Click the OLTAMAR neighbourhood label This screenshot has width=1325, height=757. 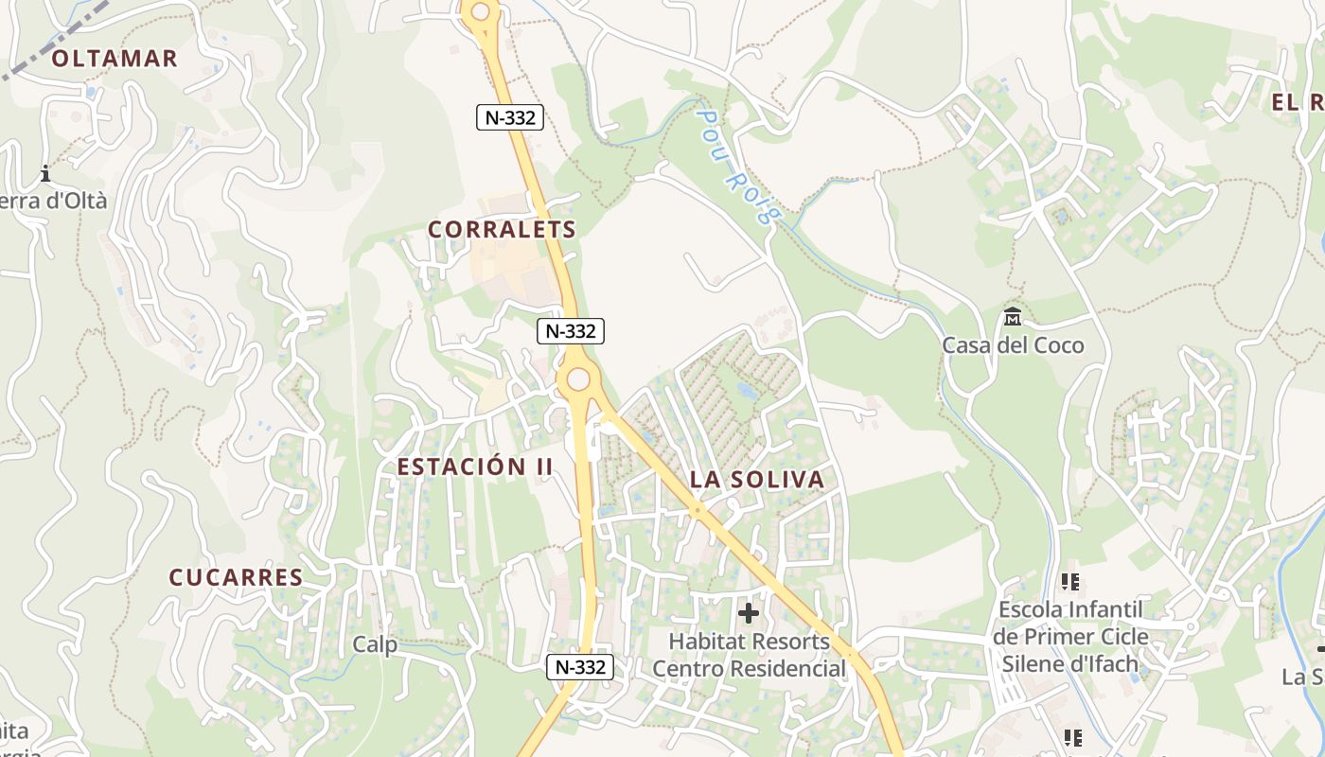115,59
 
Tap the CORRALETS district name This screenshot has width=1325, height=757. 502,230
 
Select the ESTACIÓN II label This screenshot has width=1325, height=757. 474,467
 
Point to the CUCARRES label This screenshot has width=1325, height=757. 236,577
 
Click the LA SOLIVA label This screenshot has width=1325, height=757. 757,480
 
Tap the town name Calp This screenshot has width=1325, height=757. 375,644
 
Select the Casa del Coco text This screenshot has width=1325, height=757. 1013,345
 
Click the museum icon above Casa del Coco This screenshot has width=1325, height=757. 1013,316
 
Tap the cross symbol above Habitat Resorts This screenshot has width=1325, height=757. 749,613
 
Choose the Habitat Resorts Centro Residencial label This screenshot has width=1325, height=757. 749,655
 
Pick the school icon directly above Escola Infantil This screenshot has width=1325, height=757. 1070,581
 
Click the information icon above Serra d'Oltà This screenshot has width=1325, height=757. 45,173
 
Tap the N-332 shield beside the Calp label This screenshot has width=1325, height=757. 580,667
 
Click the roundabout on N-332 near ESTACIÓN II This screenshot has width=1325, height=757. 578,380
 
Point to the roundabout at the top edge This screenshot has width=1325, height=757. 481,11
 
